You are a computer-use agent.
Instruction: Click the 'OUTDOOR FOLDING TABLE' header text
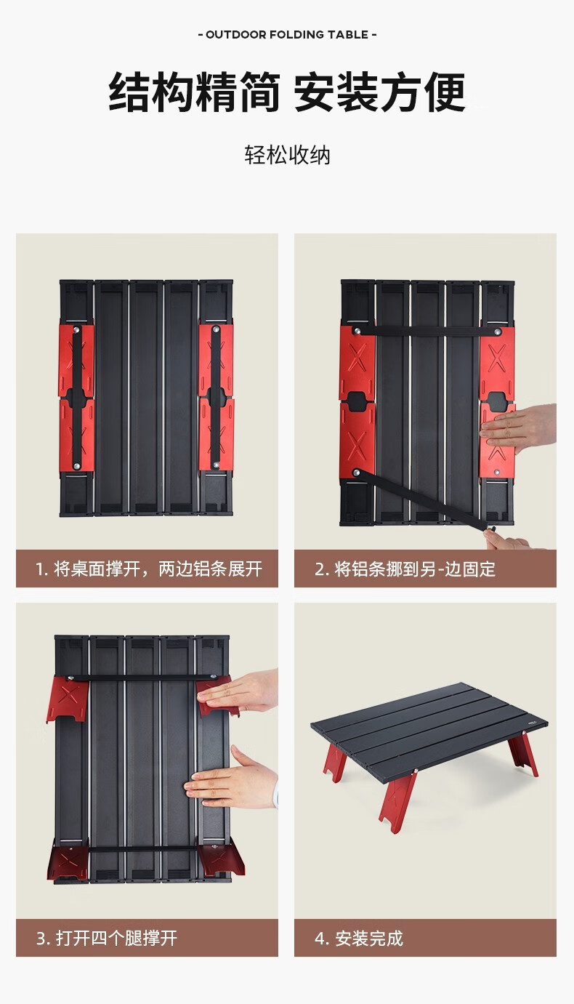287,34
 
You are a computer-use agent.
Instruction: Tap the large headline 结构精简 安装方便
287,92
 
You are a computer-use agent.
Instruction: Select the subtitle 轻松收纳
287,155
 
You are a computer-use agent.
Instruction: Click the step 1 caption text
149,569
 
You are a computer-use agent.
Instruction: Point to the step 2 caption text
405,569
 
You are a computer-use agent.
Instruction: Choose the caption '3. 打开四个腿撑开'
107,938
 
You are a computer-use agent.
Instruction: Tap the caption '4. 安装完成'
359,938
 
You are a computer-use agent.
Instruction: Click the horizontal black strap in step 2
427,332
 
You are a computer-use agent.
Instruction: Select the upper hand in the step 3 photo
238,694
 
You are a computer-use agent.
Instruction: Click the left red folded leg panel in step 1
76,398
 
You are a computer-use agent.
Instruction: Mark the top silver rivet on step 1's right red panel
217,329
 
